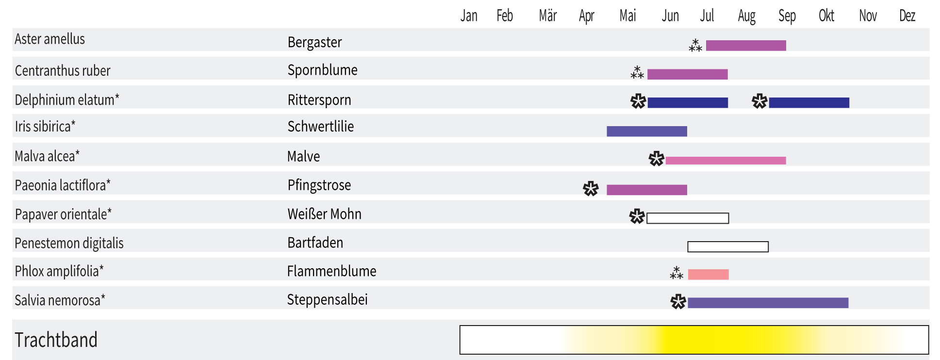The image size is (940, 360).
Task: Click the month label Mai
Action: point(627,16)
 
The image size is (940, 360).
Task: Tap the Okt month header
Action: point(826,16)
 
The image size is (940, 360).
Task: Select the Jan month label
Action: point(469,16)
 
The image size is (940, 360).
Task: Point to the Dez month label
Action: point(907,16)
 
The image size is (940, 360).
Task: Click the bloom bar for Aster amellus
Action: point(746,46)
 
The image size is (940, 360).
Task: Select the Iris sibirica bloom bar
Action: point(646,131)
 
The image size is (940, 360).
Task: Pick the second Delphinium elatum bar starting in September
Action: point(809,103)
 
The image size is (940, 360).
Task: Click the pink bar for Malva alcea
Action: point(726,161)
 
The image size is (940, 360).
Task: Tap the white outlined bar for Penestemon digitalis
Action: point(728,247)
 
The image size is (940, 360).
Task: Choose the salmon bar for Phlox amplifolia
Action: point(708,275)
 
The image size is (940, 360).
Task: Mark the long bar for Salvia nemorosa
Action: point(768,303)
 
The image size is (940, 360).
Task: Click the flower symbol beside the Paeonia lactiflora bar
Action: point(591,189)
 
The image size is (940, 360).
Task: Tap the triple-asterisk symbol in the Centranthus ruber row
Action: point(637,73)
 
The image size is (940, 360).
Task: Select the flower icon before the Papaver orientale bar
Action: point(637,216)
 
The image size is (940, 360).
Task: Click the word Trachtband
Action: point(56,340)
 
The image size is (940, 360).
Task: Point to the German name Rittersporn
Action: point(319,100)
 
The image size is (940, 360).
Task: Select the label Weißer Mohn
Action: point(324,214)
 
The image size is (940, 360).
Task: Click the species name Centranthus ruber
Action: point(63,71)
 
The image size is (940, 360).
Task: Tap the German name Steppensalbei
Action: point(327,300)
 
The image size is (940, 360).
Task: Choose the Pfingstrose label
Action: point(319,185)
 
